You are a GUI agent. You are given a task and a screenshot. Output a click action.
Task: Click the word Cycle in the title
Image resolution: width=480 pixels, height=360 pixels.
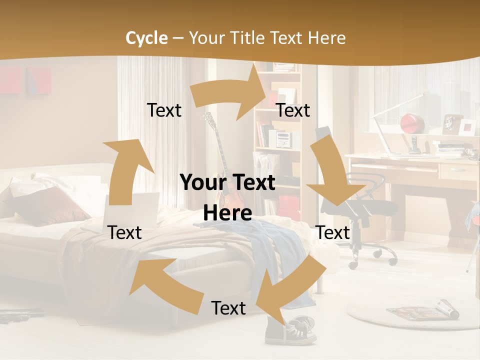pos(146,38)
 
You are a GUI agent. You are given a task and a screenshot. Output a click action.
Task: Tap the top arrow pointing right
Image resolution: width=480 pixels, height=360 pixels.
pos(230,95)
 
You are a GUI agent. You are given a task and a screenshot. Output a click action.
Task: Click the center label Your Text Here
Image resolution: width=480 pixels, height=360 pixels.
pos(228,197)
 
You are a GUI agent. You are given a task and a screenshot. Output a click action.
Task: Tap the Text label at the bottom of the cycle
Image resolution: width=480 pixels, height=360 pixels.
pos(228,308)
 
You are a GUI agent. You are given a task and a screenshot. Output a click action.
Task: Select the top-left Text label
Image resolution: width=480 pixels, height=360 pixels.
pos(164,110)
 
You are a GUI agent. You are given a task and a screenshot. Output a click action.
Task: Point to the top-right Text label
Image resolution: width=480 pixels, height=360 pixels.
pos(293,110)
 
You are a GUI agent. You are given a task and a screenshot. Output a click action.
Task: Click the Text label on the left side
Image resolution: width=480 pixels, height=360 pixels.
pos(124,232)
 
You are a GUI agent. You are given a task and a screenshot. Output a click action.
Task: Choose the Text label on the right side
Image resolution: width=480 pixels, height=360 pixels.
pos(332,232)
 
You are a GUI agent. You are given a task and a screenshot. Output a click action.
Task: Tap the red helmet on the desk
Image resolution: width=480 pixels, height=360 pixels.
pos(412,122)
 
